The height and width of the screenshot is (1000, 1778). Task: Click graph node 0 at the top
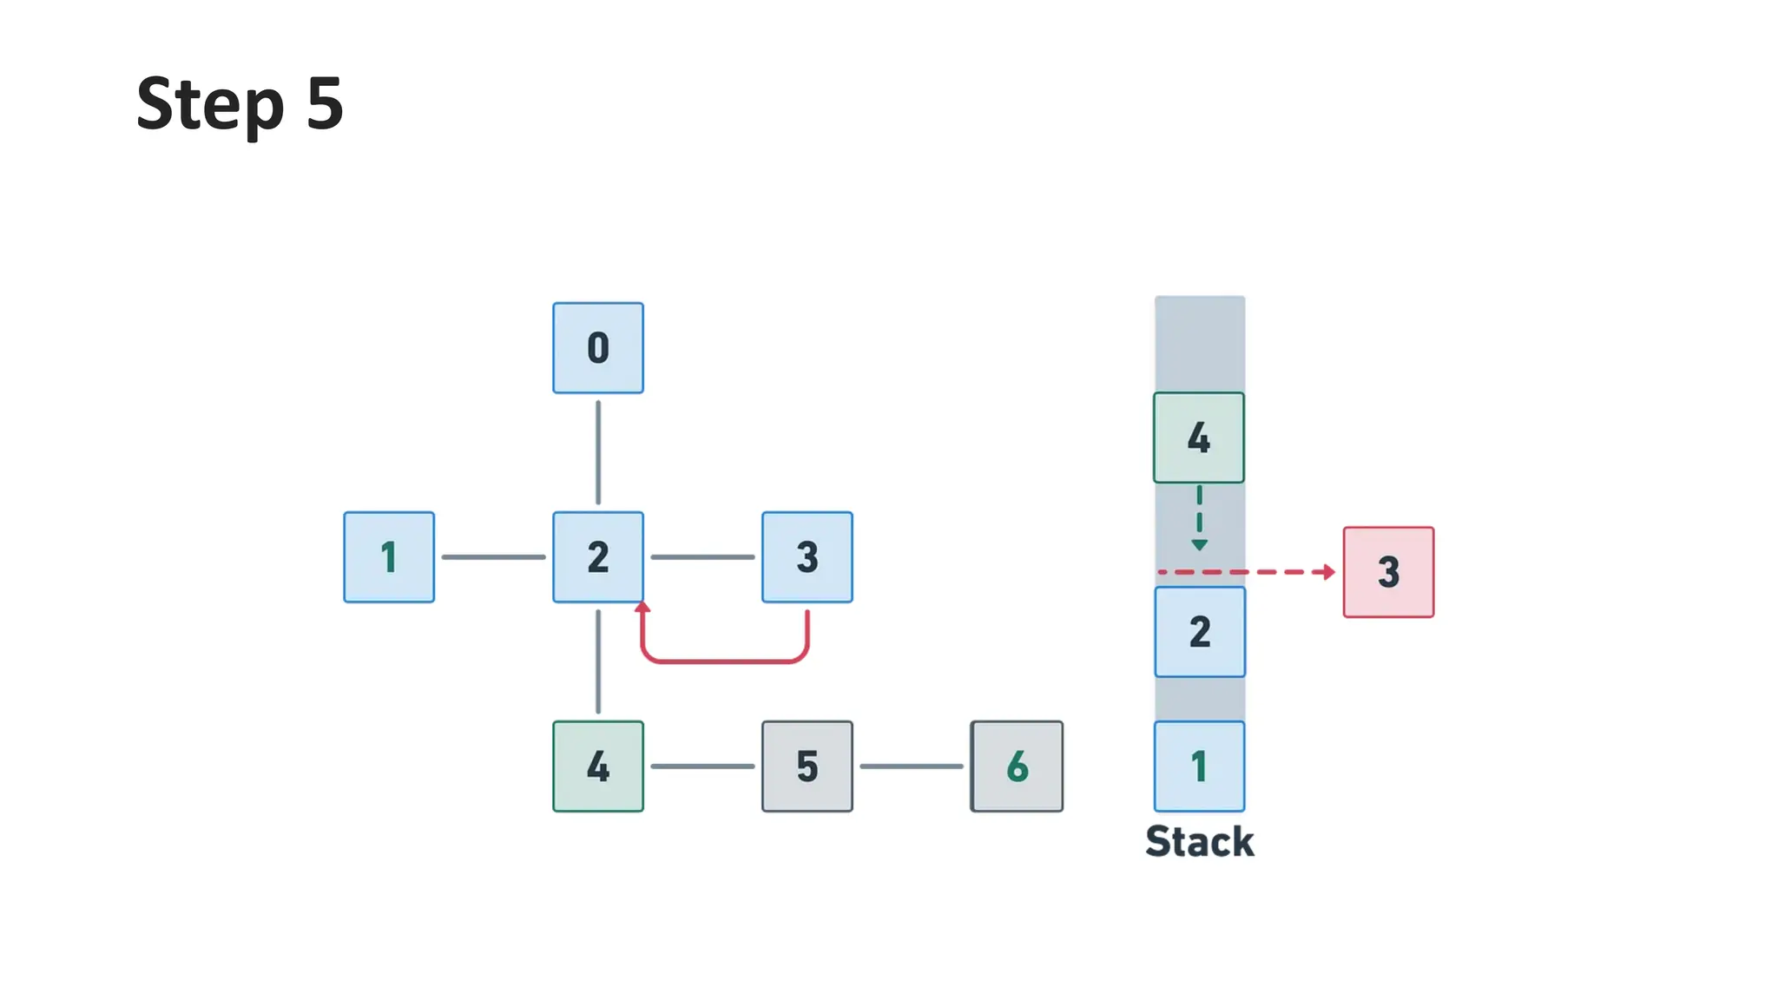coord(597,348)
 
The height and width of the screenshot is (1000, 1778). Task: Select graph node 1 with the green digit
coord(388,557)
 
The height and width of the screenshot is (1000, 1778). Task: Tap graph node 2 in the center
coord(597,557)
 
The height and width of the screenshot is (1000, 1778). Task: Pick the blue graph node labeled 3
coord(807,557)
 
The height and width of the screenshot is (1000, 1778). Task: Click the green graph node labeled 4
coord(597,766)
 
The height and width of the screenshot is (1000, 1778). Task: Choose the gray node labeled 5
coord(807,766)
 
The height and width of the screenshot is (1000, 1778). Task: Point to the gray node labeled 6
coord(1016,766)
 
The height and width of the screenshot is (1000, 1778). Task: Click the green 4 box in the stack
coord(1198,437)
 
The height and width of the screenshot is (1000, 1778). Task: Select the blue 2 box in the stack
coord(1199,632)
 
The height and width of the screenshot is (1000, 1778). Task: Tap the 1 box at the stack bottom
coord(1199,766)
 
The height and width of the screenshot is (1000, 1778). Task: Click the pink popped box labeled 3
coord(1388,572)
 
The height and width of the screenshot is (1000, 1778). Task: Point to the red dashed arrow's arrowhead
coord(1327,572)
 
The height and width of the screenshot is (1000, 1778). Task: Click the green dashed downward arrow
coord(1199,519)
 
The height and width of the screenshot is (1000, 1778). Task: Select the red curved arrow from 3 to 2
coord(725,661)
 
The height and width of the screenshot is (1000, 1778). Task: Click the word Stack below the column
coord(1199,842)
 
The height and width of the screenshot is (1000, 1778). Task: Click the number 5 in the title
coord(325,104)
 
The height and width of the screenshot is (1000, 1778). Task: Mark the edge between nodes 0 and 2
coord(597,452)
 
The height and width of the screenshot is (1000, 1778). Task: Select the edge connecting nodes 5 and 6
coord(911,766)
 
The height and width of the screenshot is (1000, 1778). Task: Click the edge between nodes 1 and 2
coord(493,557)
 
